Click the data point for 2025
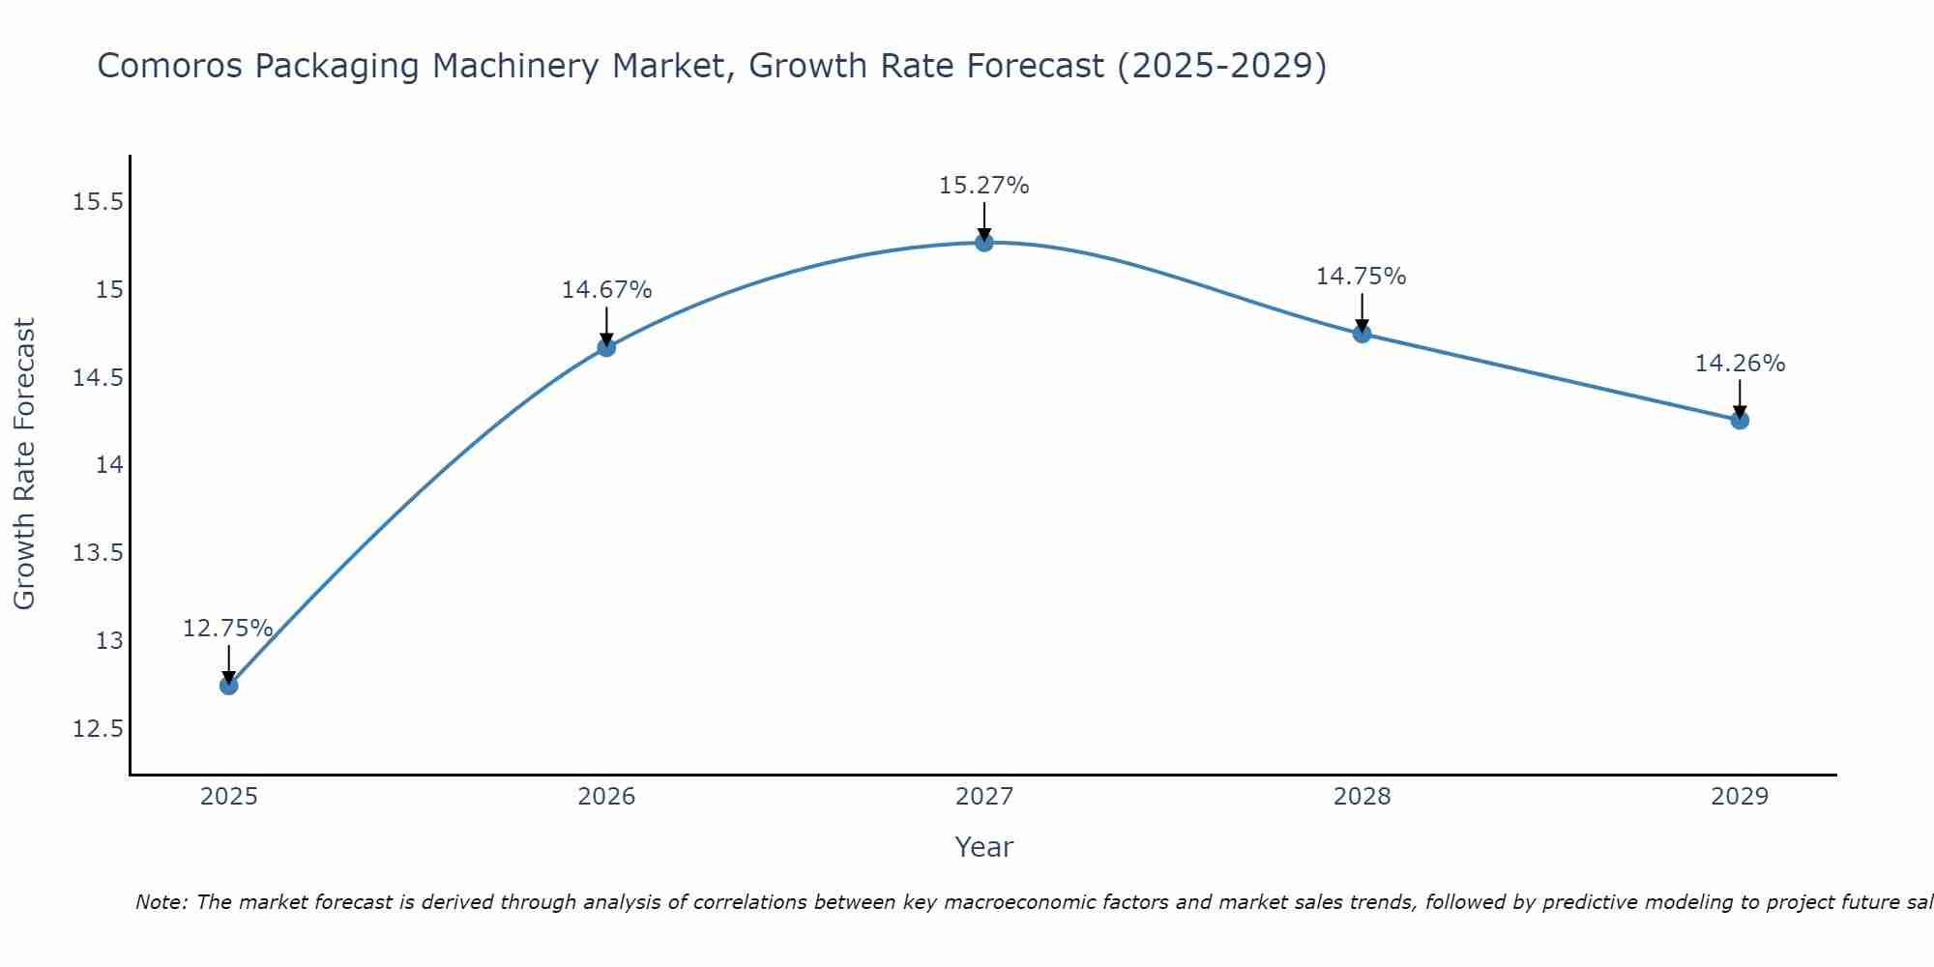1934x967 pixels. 228,686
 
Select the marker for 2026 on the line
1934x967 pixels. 606,347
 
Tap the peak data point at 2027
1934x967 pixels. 984,243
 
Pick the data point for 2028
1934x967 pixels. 1362,334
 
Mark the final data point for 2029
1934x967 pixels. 1740,420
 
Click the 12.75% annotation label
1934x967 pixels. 227,629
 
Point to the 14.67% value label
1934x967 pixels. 606,290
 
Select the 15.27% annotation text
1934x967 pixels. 983,186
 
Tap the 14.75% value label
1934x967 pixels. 1361,277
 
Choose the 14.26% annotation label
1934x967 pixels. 1740,364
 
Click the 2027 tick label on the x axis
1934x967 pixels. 984,797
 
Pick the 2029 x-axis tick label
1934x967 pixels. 1740,797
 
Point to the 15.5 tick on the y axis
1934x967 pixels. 98,202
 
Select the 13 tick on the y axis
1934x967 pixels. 109,641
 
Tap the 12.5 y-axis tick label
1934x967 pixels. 98,729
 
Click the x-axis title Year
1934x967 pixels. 983,847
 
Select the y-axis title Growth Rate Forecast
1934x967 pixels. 24,464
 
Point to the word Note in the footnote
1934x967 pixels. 161,902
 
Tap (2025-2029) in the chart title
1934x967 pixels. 1221,67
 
